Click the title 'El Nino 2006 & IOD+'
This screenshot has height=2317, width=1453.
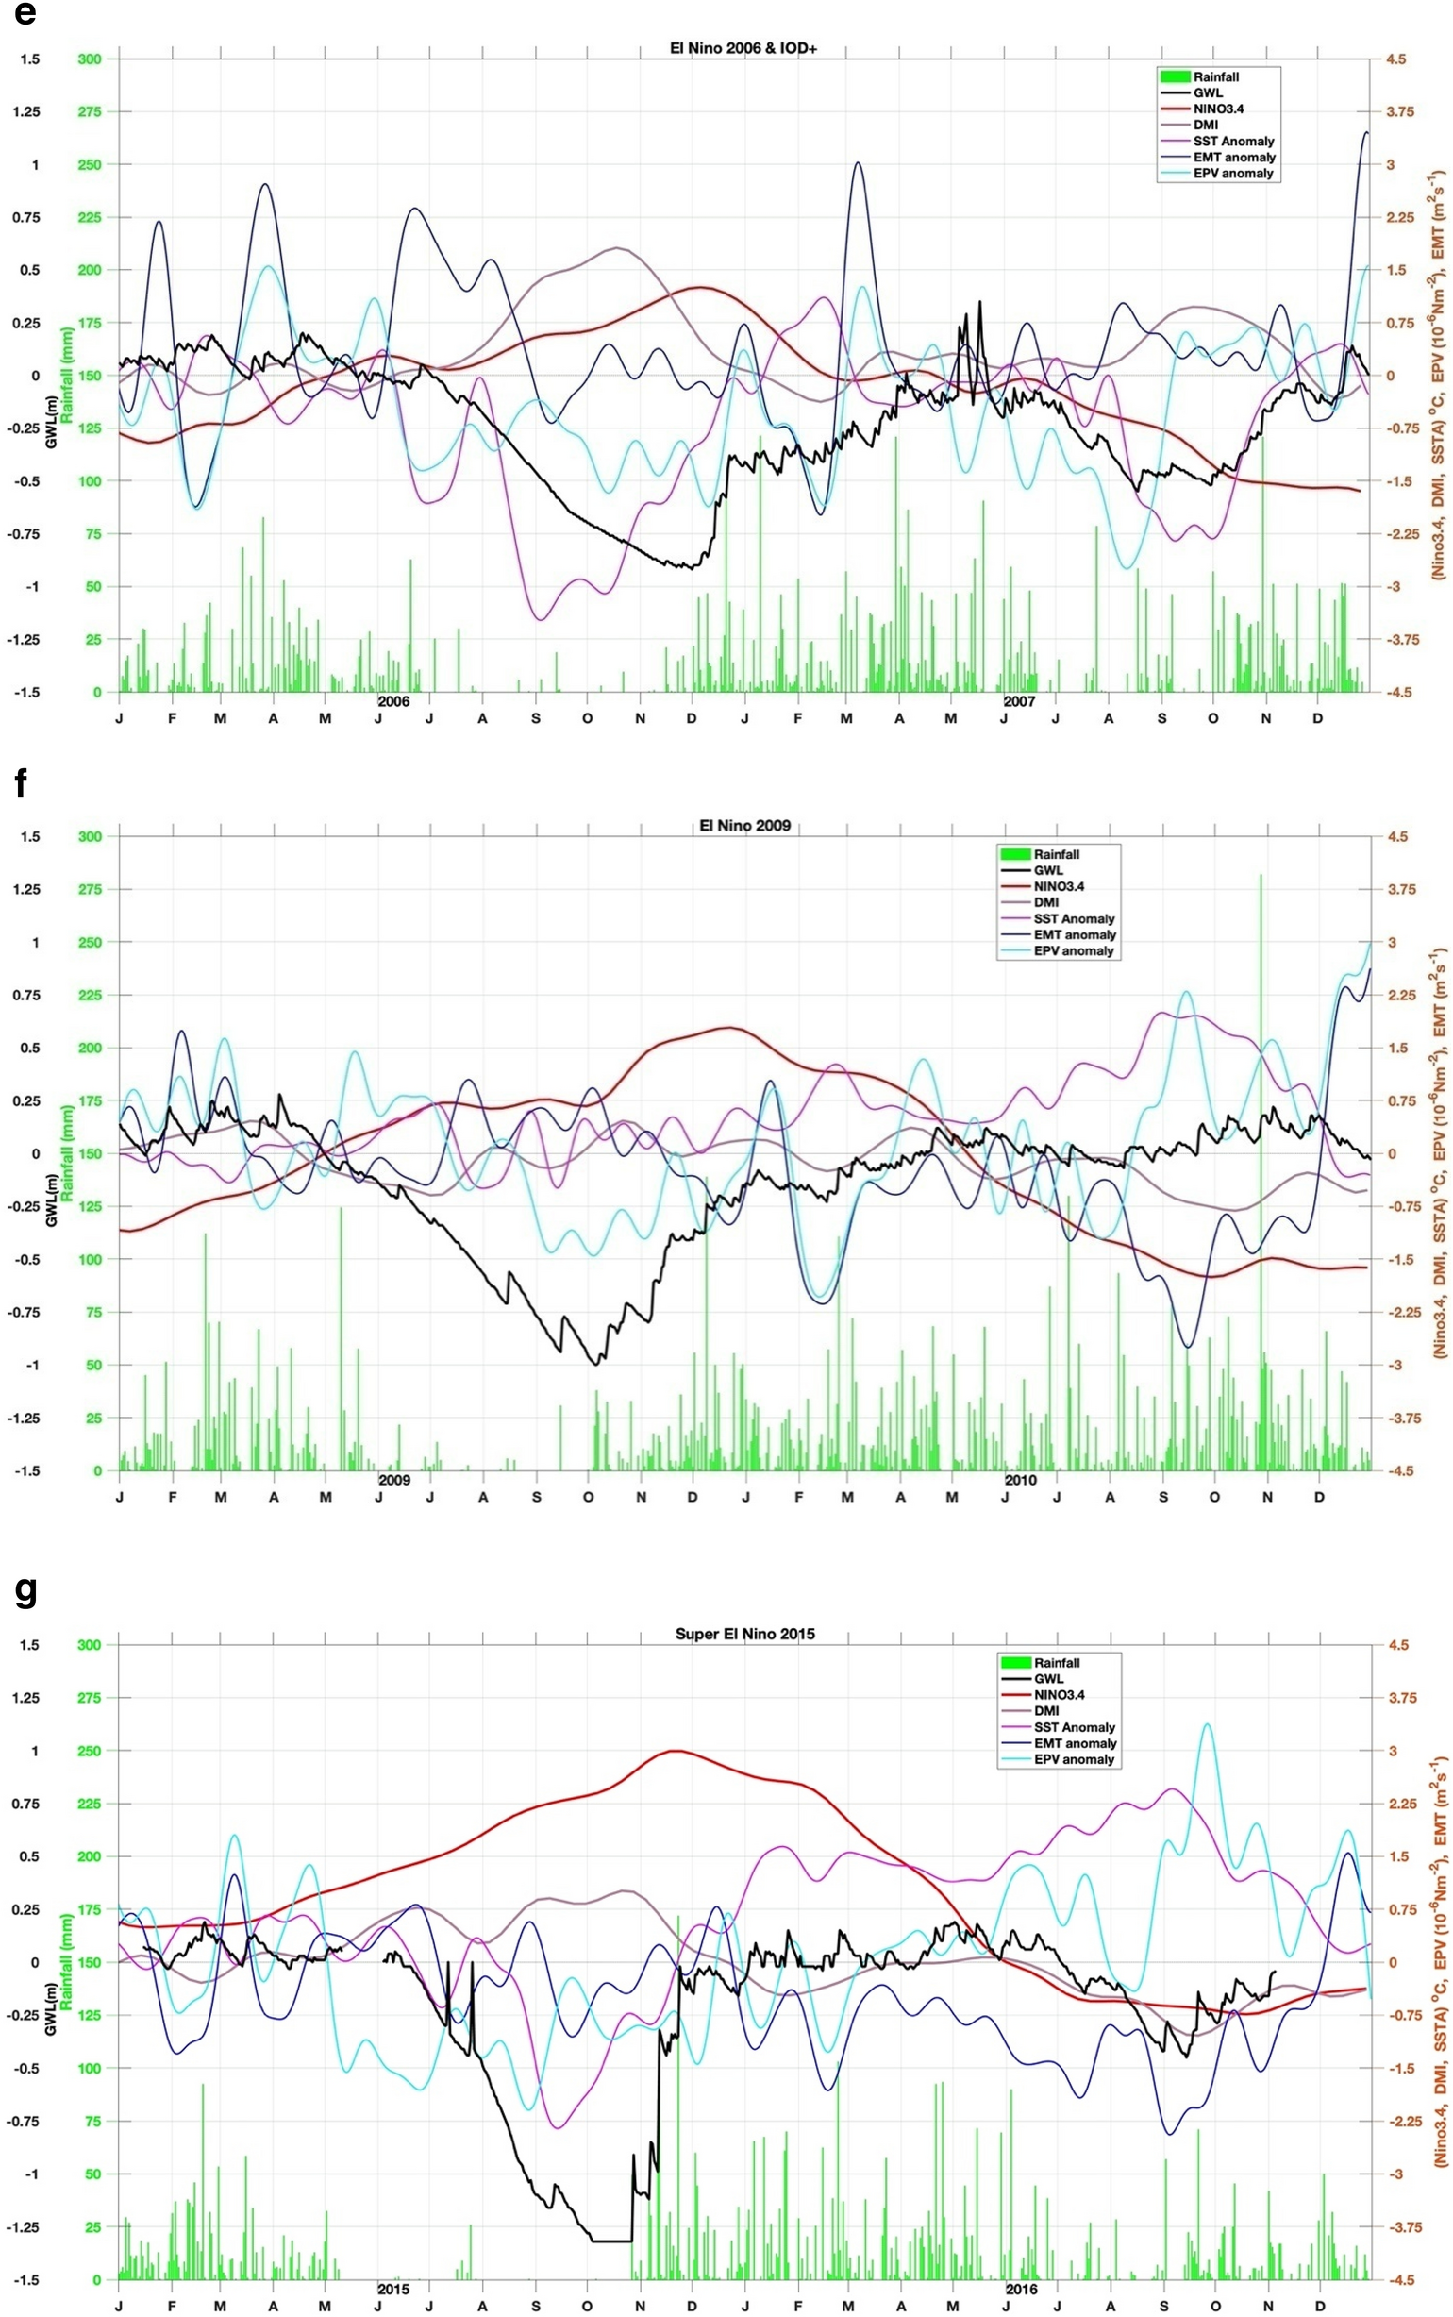click(x=743, y=47)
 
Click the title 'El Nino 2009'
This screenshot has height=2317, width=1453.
click(x=744, y=825)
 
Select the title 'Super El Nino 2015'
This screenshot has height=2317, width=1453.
click(x=744, y=1633)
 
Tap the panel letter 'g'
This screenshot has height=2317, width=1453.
click(x=26, y=1591)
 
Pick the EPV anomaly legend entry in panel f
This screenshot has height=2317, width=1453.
click(x=1073, y=950)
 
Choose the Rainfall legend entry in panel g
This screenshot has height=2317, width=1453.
click(x=1057, y=1663)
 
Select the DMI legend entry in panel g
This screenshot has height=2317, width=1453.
click(x=1046, y=1710)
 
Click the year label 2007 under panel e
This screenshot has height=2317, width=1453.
click(x=1020, y=701)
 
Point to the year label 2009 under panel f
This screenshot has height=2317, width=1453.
click(x=394, y=1479)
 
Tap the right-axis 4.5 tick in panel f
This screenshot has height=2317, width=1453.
click(x=1396, y=837)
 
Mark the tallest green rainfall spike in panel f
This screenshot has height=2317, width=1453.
click(x=1261, y=877)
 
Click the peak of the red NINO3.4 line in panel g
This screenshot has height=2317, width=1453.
click(x=676, y=1750)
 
